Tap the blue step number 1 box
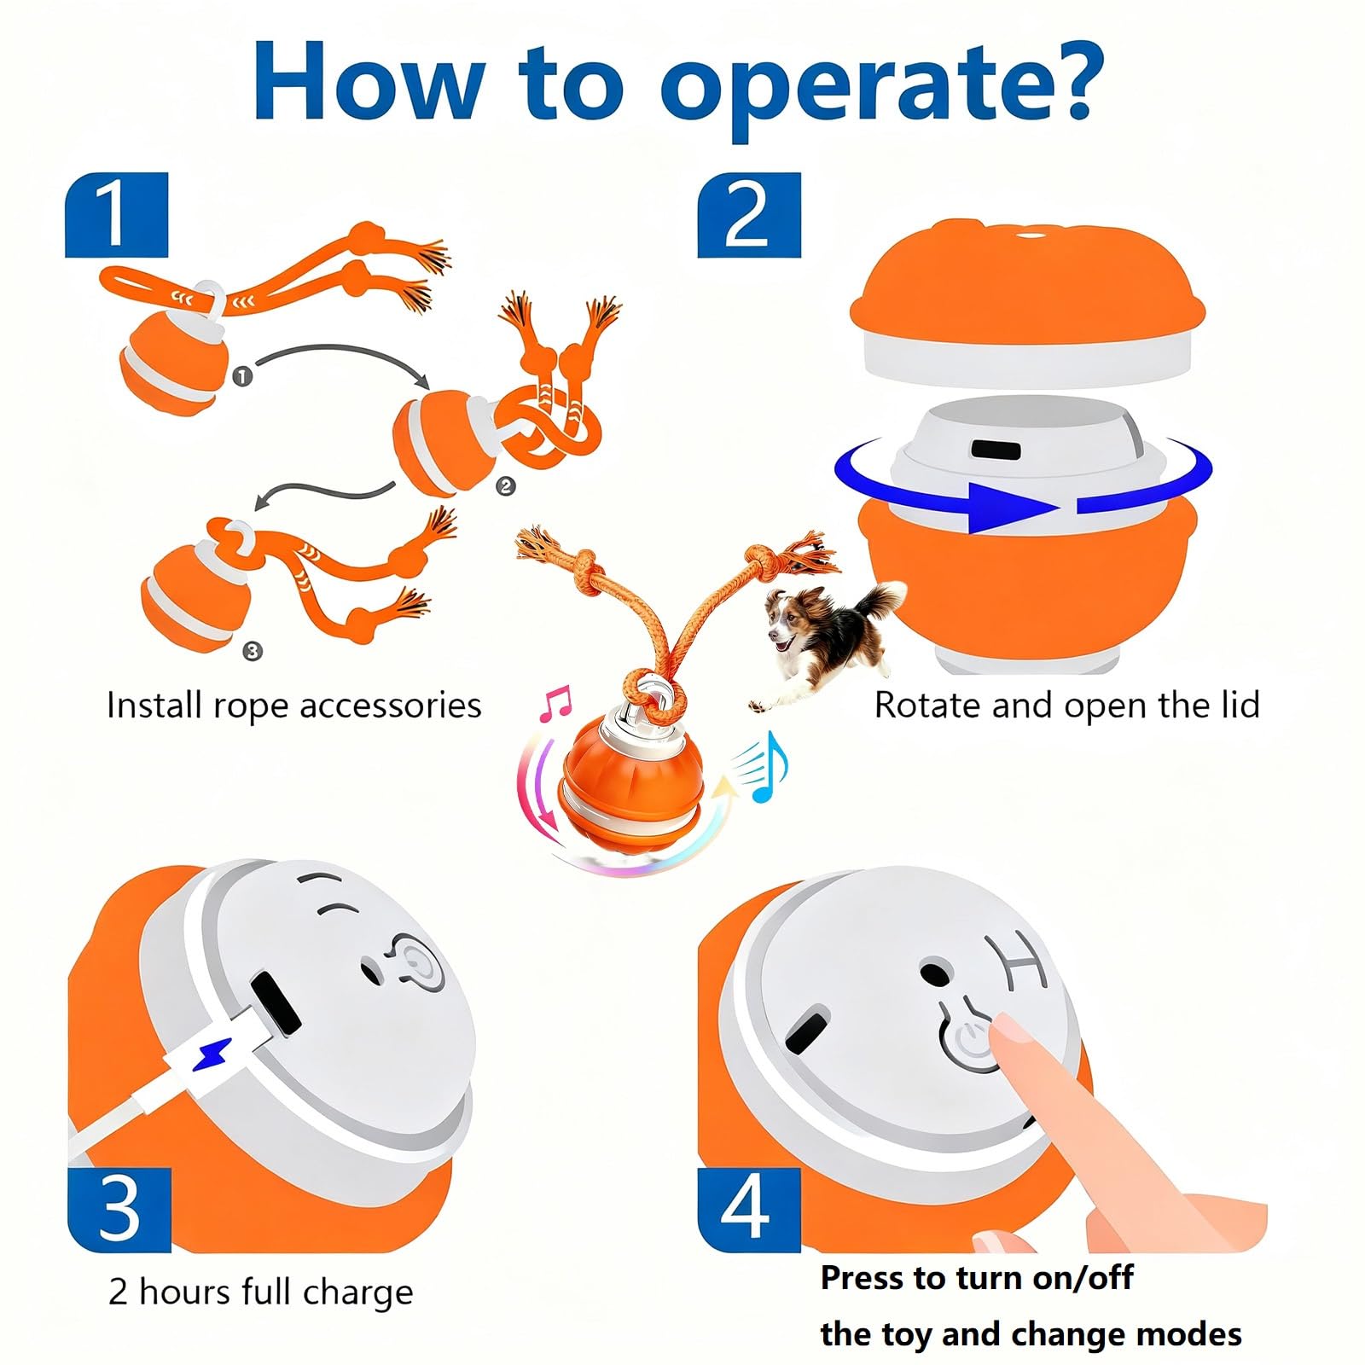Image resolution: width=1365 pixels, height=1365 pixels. click(x=117, y=215)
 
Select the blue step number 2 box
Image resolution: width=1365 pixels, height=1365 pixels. click(x=749, y=215)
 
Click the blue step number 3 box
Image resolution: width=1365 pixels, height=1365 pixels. click(x=119, y=1210)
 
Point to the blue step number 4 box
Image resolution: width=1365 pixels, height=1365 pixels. click(x=749, y=1210)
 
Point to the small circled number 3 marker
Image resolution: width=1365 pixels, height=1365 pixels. click(x=253, y=652)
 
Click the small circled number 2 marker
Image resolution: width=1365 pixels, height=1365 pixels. click(x=506, y=486)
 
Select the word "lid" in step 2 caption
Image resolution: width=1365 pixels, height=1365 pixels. click(x=1238, y=705)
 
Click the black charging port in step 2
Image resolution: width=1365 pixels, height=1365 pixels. click(x=996, y=450)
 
